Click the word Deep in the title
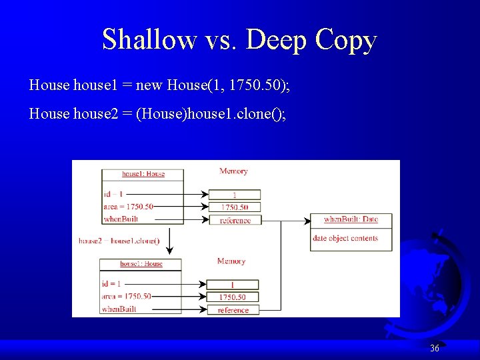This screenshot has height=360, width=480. click(x=276, y=40)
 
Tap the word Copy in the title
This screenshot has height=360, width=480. click(x=346, y=40)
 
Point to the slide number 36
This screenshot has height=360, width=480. click(x=435, y=348)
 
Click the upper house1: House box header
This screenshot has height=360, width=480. click(x=143, y=174)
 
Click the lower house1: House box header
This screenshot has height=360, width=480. click(x=141, y=264)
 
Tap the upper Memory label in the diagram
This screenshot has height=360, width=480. click(x=233, y=171)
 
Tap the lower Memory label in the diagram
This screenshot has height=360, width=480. click(x=231, y=261)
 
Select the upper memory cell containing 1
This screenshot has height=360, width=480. click(x=234, y=195)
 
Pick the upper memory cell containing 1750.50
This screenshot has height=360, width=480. click(x=234, y=207)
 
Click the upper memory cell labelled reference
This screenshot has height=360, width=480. click(x=235, y=220)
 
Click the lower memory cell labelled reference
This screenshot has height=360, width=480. click(x=233, y=310)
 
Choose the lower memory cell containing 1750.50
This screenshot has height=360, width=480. click(x=233, y=297)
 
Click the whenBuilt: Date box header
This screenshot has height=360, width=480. click(x=351, y=219)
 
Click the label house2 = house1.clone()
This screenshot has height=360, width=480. click(x=119, y=241)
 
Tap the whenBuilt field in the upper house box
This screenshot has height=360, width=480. click(x=121, y=219)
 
